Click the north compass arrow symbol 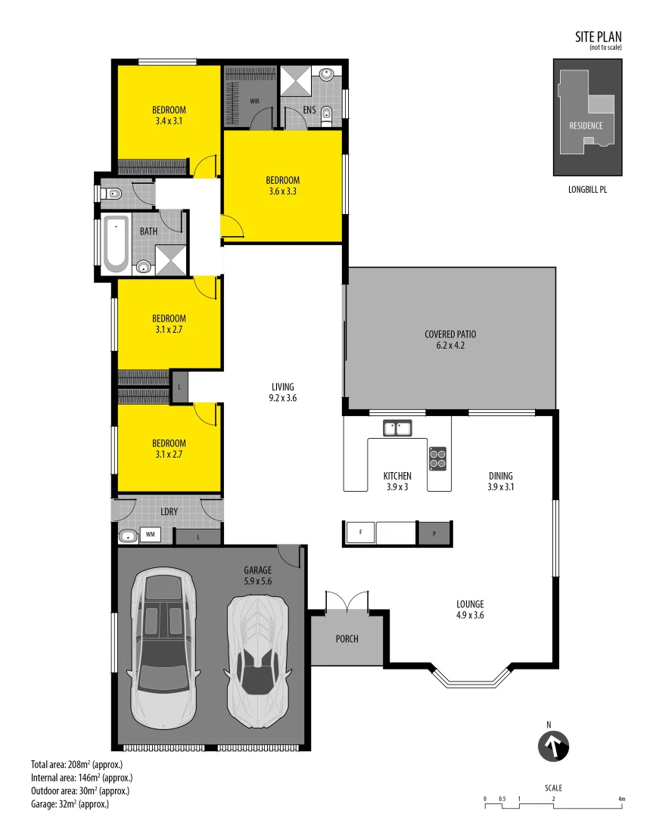(553, 746)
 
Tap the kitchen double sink (396, 429)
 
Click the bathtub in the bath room (116, 243)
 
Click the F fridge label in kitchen (361, 533)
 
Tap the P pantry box (434, 533)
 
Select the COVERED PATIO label (450, 334)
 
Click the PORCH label (347, 639)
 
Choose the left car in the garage (163, 648)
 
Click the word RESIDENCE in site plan (586, 126)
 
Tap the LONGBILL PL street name (587, 190)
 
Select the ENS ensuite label (309, 110)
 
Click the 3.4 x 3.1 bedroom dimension (169, 121)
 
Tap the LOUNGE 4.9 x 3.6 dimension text (469, 616)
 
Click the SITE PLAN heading (598, 36)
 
